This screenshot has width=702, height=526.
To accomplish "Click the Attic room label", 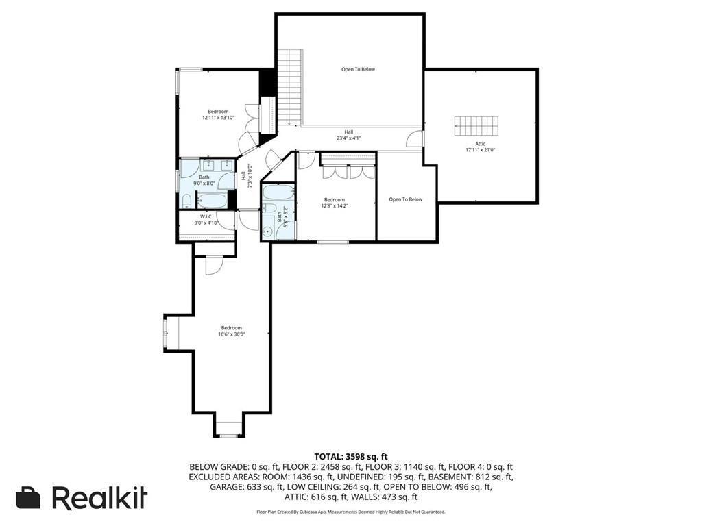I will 480,144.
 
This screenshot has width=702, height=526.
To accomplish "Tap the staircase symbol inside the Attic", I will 476,126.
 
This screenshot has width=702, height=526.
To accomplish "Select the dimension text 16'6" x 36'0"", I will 232,334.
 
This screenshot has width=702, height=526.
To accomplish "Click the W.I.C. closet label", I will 206,216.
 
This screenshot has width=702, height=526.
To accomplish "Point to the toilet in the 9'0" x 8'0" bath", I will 186,201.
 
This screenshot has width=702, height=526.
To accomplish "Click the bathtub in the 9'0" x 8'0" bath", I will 212,201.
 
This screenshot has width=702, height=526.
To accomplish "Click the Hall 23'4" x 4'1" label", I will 348,135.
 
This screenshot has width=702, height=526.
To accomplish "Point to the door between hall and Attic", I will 415,139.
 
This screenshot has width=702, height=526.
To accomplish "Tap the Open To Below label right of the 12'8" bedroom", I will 406,199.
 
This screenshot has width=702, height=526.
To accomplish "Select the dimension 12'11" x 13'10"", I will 218,118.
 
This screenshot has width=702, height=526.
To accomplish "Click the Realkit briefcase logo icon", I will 28,498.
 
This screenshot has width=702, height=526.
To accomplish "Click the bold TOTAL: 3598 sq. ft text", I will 350,456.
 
